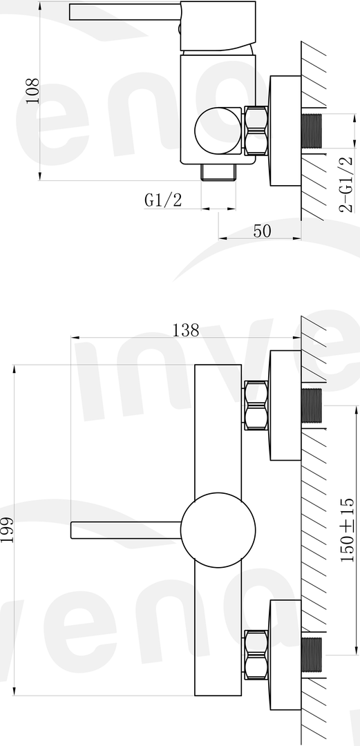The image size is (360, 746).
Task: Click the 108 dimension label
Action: pyautogui.click(x=32, y=90)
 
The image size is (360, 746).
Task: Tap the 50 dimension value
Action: pyautogui.click(x=261, y=231)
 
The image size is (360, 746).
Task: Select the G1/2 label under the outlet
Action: pyautogui.click(x=163, y=200)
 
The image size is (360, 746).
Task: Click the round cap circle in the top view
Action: pyautogui.click(x=219, y=131)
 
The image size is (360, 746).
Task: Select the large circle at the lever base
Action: pyautogui.click(x=218, y=530)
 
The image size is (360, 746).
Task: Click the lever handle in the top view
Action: pyautogui.click(x=124, y=12)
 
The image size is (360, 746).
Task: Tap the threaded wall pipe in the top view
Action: pyautogui.click(x=313, y=131)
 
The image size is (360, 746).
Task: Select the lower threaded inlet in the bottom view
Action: pyautogui.click(x=313, y=656)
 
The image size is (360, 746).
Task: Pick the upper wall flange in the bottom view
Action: pyautogui.click(x=285, y=405)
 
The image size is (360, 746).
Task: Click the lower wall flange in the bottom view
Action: pyautogui.click(x=285, y=656)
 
